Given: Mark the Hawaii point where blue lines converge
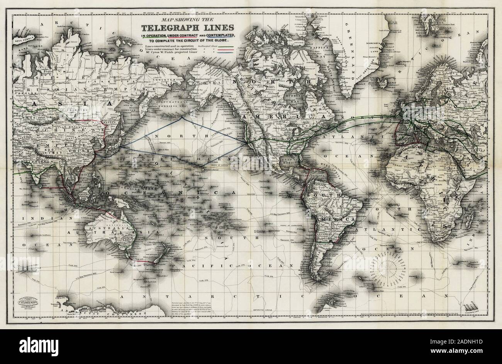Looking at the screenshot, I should click(x=202, y=168).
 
